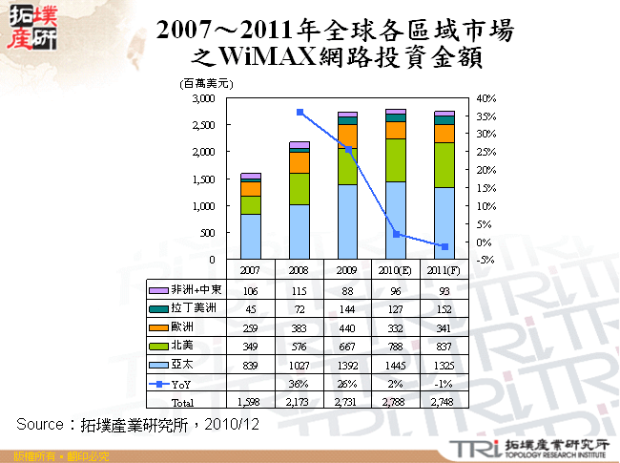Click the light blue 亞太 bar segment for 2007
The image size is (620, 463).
coord(251,236)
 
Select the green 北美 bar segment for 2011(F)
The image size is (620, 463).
coord(444,164)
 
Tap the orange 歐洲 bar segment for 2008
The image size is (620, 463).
coord(300,161)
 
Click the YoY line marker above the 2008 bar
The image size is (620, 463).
coord(300,112)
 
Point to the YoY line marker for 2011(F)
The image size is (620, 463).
coord(444,247)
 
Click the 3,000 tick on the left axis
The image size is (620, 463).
coord(202,98)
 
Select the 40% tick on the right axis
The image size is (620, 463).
coord(486,98)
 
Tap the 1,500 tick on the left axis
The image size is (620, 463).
coord(202,179)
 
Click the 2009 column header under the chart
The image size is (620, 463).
coord(348,271)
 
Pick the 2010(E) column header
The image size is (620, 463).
coord(396,271)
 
